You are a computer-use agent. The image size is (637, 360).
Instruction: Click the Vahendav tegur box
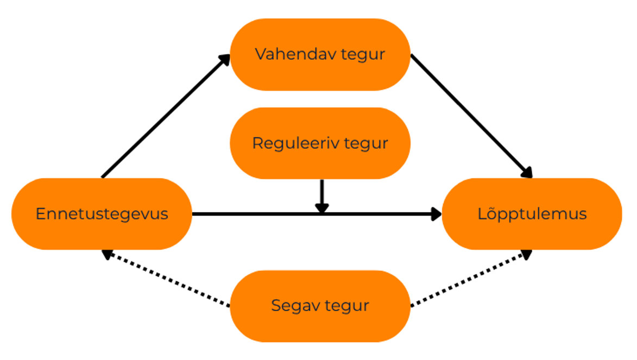click(x=320, y=54)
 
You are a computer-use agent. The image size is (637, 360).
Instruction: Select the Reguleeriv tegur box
click(x=320, y=143)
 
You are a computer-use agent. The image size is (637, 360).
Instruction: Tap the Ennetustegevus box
click(x=102, y=214)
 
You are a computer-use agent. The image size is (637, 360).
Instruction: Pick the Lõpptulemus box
click(x=532, y=214)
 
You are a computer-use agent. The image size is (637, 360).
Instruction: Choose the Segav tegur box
click(x=320, y=306)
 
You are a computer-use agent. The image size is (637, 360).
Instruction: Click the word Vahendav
click(x=284, y=54)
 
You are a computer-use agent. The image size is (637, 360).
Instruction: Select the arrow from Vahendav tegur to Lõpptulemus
click(x=470, y=114)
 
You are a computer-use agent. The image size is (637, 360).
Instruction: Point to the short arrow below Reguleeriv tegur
click(x=322, y=193)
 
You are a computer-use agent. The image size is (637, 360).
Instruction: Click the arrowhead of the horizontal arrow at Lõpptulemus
click(x=436, y=214)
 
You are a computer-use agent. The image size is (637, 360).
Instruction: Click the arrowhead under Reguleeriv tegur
click(x=322, y=207)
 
